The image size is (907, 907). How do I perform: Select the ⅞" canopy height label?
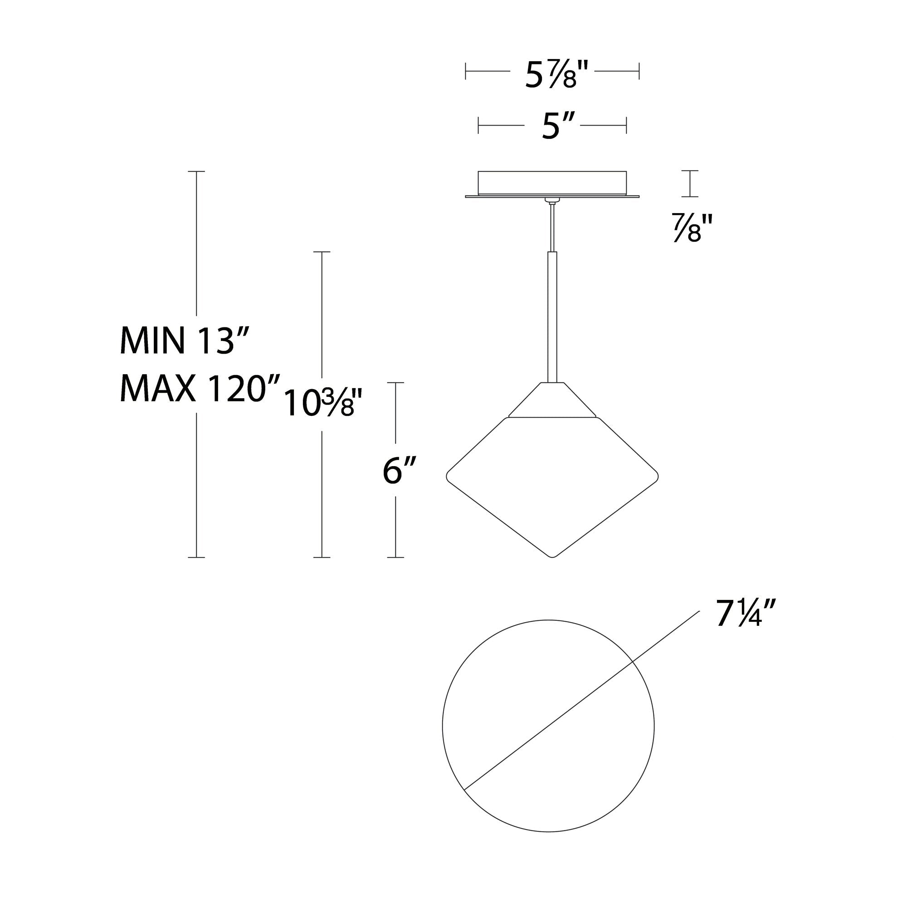(x=692, y=227)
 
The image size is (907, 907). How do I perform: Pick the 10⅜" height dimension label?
(x=323, y=403)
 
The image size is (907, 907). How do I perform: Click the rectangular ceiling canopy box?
(x=552, y=183)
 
